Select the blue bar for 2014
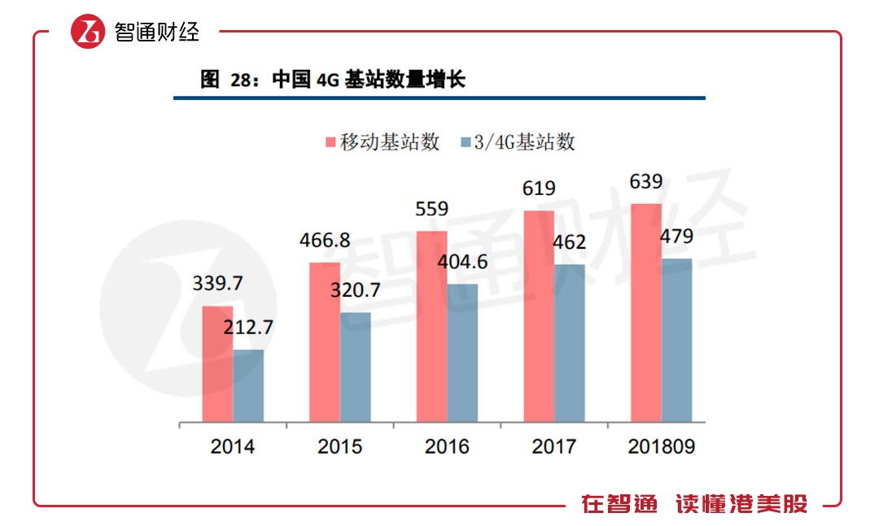click(x=248, y=386)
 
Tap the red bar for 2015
click(x=325, y=342)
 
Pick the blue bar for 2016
click(x=462, y=353)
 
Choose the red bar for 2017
click(x=539, y=316)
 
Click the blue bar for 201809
click(x=676, y=341)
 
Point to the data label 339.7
click(x=217, y=285)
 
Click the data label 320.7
click(x=355, y=291)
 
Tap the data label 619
click(x=539, y=189)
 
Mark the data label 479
click(x=676, y=237)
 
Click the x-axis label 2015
click(x=340, y=446)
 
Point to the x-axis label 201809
click(x=661, y=446)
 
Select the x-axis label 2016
click(x=447, y=446)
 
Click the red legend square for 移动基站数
click(x=330, y=143)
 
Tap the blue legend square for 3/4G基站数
click(x=466, y=143)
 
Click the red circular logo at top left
click(x=88, y=32)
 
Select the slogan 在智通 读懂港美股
click(x=694, y=504)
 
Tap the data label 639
click(x=646, y=182)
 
